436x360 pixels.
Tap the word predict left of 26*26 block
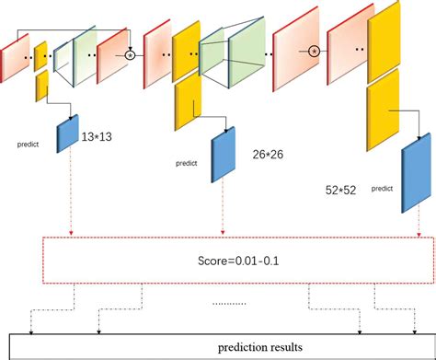tap(187, 165)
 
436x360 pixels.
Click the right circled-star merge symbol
tap(314, 51)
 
